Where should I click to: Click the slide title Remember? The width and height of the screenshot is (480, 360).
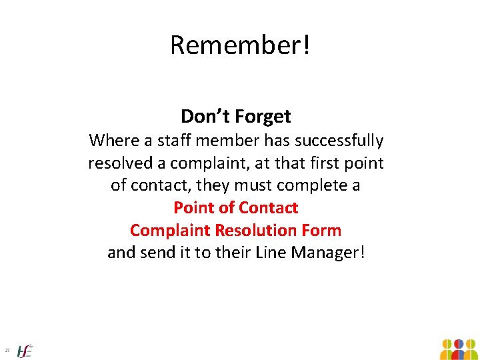pos(240,45)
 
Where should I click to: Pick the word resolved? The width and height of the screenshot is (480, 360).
pos(126,163)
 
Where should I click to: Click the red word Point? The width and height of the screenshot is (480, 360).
pos(194,208)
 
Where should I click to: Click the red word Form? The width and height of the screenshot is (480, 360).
pos(323,231)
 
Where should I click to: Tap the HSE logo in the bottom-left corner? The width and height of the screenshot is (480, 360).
pos(25,350)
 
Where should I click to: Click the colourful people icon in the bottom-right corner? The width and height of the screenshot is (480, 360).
pos(459,349)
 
